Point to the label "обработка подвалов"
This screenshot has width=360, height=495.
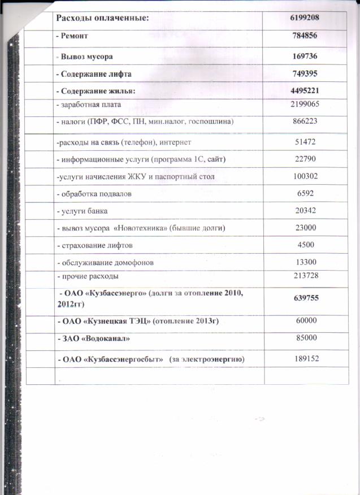coord(95,194)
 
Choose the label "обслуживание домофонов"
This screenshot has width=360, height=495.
coord(104,262)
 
